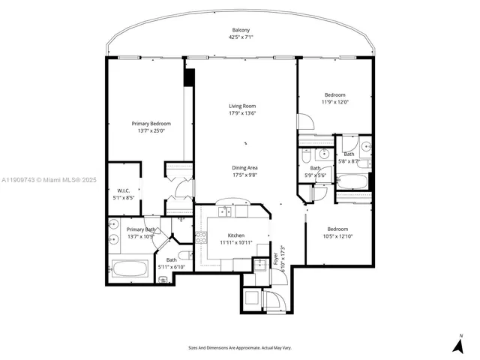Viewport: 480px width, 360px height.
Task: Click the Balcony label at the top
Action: [x=241, y=30]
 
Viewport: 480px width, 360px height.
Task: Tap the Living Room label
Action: [x=242, y=106]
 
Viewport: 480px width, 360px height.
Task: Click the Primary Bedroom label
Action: [x=151, y=124]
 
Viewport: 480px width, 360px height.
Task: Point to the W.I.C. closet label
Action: [x=124, y=190]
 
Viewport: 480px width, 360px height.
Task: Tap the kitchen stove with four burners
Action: [x=201, y=238]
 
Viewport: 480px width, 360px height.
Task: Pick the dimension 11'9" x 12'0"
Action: [x=334, y=103]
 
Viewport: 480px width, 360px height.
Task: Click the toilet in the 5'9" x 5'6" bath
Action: [x=307, y=156]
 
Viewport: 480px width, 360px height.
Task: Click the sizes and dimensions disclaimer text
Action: [x=239, y=347]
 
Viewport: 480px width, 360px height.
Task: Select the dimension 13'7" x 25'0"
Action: [x=151, y=131]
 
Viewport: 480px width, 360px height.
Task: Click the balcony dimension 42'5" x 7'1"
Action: [x=241, y=37]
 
